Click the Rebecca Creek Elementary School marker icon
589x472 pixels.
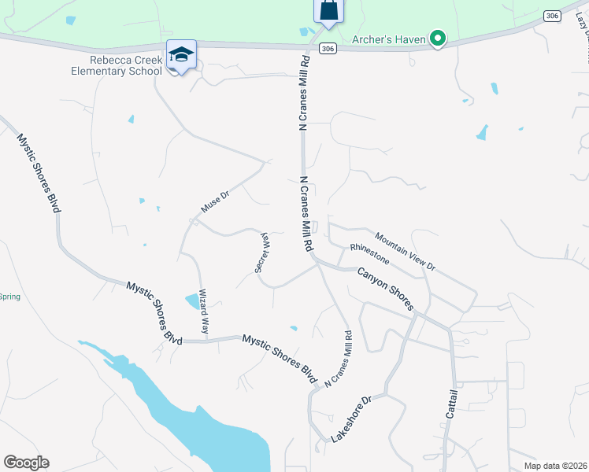pos(181,55)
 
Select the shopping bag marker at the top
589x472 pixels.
pos(328,11)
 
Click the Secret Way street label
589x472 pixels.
pos(261,252)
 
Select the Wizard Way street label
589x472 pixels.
pos(204,312)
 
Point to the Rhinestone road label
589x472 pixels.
pos(369,253)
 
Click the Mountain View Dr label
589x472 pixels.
pos(405,251)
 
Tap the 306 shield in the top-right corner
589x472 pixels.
pos(552,15)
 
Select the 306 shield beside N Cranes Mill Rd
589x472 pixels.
pos(328,49)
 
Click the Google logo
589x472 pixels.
pos(26,463)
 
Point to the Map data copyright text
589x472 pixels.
pos(556,465)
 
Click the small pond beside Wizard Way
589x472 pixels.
pos(192,301)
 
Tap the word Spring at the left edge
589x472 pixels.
pos(9,297)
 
